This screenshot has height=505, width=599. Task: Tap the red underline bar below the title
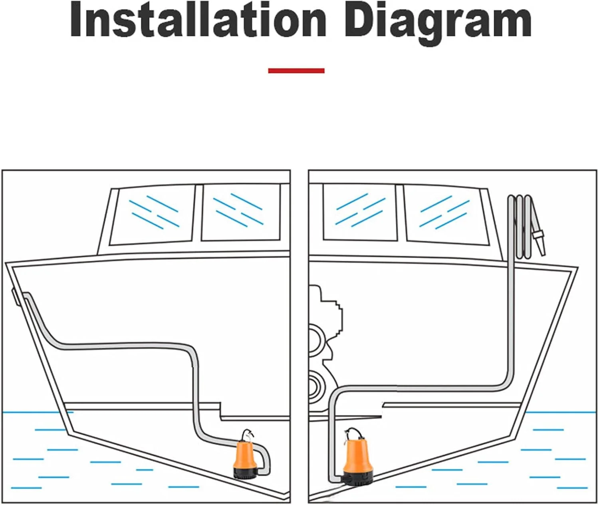tap(296, 71)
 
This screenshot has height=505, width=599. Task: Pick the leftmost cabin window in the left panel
tap(152, 215)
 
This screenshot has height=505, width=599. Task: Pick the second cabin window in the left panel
tap(241, 213)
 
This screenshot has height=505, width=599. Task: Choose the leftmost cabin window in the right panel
tap(360, 212)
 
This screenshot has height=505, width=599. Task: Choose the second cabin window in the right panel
tap(446, 215)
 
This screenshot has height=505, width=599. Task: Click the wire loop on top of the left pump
tap(247, 436)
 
